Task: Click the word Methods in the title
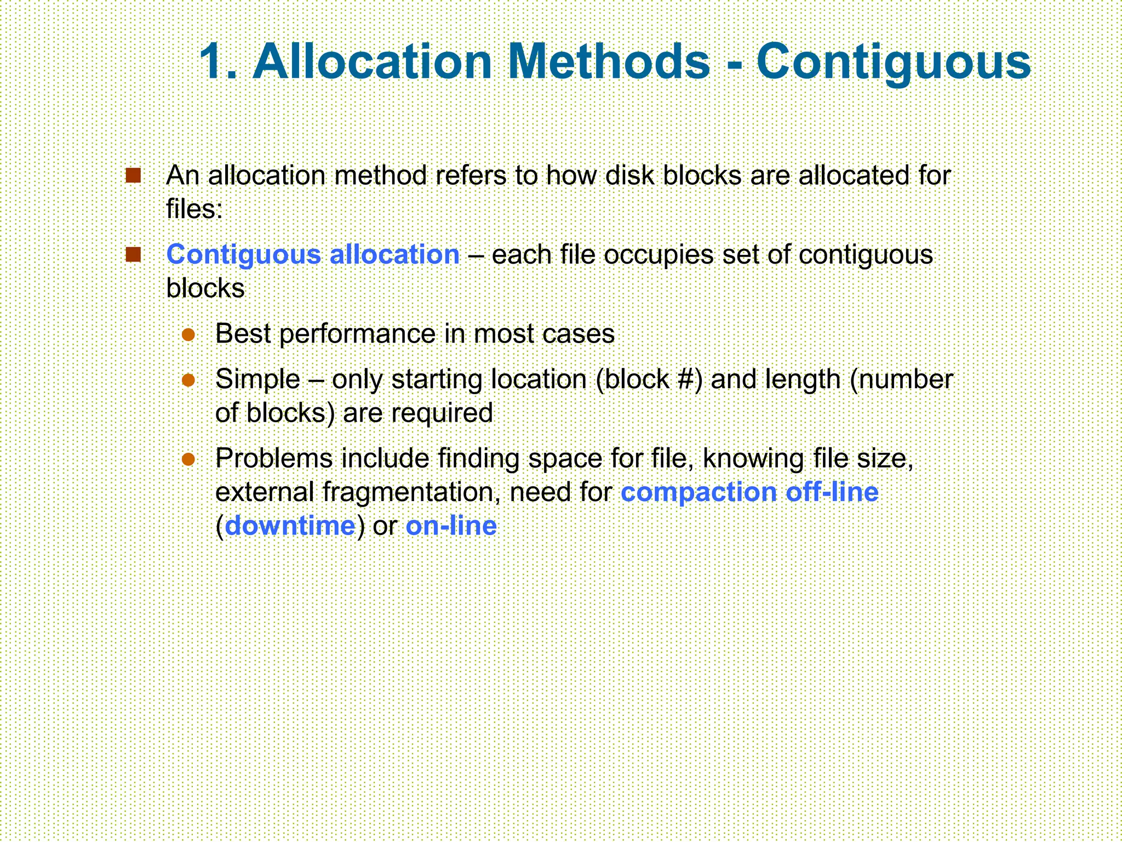(x=609, y=61)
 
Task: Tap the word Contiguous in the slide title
(x=894, y=61)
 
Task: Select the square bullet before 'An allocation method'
(x=133, y=175)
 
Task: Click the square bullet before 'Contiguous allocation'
(x=133, y=254)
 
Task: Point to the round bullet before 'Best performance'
(x=188, y=334)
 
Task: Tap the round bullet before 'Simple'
(x=188, y=380)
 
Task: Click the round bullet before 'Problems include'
(x=188, y=459)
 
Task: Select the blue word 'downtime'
(x=290, y=526)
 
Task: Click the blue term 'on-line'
(x=451, y=526)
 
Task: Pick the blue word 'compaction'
(x=699, y=492)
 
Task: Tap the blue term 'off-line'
(x=832, y=492)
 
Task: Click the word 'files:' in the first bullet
(x=194, y=209)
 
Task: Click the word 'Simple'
(x=257, y=379)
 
